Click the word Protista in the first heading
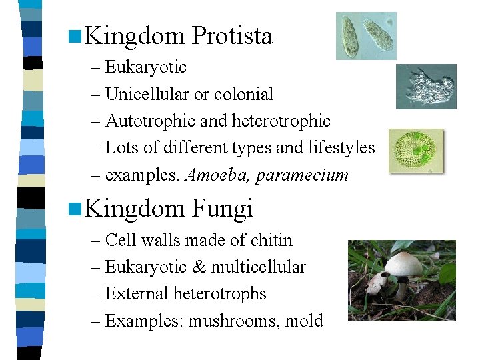[231, 36]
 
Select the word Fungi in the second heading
[222, 209]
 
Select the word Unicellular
[147, 94]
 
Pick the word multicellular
[259, 267]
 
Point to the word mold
[304, 321]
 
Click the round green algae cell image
[416, 151]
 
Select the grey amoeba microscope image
[426, 87]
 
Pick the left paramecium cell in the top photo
[349, 35]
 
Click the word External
[137, 294]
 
